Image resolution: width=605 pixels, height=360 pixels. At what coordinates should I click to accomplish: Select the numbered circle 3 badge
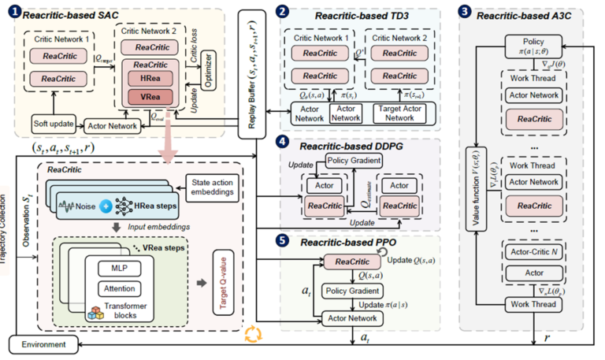[465, 12]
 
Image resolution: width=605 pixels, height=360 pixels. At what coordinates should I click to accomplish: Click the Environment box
[43, 344]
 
